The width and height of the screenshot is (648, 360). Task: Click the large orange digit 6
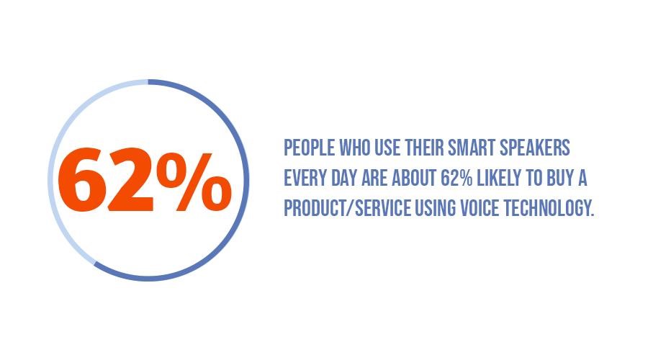(x=81, y=180)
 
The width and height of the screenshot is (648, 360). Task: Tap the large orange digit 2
(x=130, y=179)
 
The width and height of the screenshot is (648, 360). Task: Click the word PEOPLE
(x=309, y=148)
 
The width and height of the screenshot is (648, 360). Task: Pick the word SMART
(x=472, y=148)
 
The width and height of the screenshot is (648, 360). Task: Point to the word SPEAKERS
(x=535, y=148)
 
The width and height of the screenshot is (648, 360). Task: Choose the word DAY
(x=344, y=178)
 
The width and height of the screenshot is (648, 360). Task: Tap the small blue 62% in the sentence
(x=456, y=178)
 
